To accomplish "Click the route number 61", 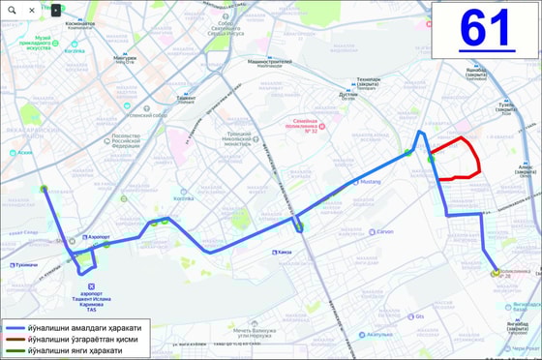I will [485, 29].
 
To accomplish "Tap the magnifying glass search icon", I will [12, 10].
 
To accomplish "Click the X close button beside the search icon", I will [32, 10].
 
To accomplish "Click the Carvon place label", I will [384, 231].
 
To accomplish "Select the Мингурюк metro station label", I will [125, 57].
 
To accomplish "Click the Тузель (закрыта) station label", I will [507, 105].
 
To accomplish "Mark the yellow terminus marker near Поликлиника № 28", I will [495, 274].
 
